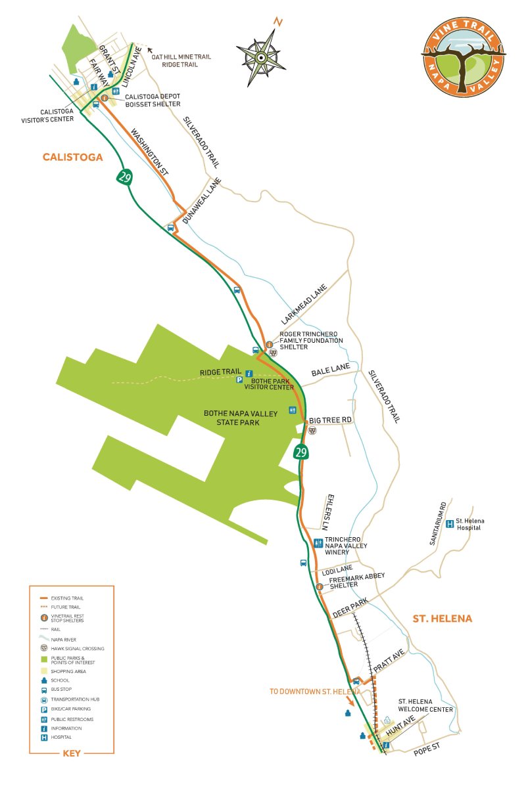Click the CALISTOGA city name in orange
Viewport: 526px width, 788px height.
click(x=72, y=157)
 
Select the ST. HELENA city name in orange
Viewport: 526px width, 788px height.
click(x=442, y=619)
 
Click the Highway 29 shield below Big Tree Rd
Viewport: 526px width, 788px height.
click(x=301, y=452)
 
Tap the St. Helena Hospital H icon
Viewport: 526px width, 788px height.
click(x=450, y=523)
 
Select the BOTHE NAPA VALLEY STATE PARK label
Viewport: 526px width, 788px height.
click(x=241, y=418)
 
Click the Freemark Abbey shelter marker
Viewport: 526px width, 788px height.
click(x=320, y=586)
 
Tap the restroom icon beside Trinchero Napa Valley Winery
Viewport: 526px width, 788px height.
click(x=318, y=542)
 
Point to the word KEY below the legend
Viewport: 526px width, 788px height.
click(x=71, y=753)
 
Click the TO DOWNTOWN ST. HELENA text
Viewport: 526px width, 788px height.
click(x=314, y=691)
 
